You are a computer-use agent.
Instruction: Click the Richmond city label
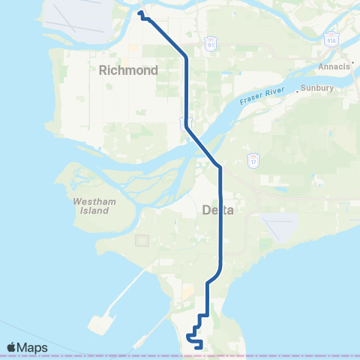(128, 70)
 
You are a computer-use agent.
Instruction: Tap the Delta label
(218, 211)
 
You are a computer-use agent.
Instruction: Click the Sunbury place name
(319, 88)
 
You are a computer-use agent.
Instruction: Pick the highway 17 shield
(253, 160)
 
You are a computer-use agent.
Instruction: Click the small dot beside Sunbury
(298, 89)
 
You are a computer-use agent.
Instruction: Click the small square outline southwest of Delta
(142, 241)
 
